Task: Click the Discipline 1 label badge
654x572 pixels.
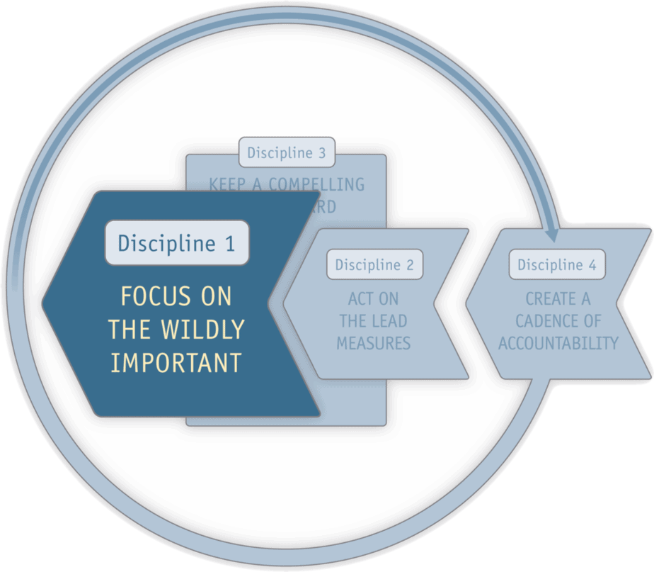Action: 177,243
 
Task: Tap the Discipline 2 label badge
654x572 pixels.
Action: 374,264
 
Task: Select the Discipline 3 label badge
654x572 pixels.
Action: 287,152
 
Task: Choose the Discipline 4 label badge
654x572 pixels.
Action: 557,264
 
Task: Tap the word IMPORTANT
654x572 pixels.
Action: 176,362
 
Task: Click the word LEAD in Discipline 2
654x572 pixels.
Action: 390,320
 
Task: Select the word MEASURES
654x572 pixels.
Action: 373,343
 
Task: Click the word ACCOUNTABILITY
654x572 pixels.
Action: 558,343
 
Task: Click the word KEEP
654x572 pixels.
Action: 228,185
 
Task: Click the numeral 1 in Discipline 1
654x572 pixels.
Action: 229,243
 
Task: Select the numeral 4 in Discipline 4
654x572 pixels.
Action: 592,265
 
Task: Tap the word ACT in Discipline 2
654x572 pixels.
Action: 362,298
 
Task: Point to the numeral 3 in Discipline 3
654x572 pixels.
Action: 321,152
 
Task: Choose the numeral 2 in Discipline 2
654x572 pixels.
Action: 409,265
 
